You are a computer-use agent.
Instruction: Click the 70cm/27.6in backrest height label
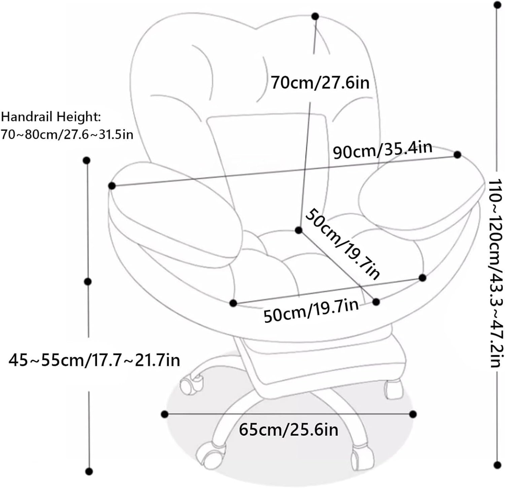pyautogui.click(x=320, y=83)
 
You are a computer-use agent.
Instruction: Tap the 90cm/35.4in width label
pyautogui.click(x=382, y=150)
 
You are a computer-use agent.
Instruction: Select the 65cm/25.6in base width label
pyautogui.click(x=289, y=430)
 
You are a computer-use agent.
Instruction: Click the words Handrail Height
pyautogui.click(x=51, y=117)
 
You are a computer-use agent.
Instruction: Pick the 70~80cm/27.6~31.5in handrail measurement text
pyautogui.click(x=67, y=135)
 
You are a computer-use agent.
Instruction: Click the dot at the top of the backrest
pyautogui.click(x=315, y=16)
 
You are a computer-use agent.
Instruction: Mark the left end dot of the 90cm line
pyautogui.click(x=112, y=186)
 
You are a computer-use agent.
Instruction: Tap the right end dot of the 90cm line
pyautogui.click(x=457, y=155)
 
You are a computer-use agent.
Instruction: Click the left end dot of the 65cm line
pyautogui.click(x=165, y=414)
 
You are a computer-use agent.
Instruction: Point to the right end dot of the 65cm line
pyautogui.click(x=413, y=414)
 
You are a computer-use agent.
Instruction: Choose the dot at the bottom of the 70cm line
pyautogui.click(x=298, y=230)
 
